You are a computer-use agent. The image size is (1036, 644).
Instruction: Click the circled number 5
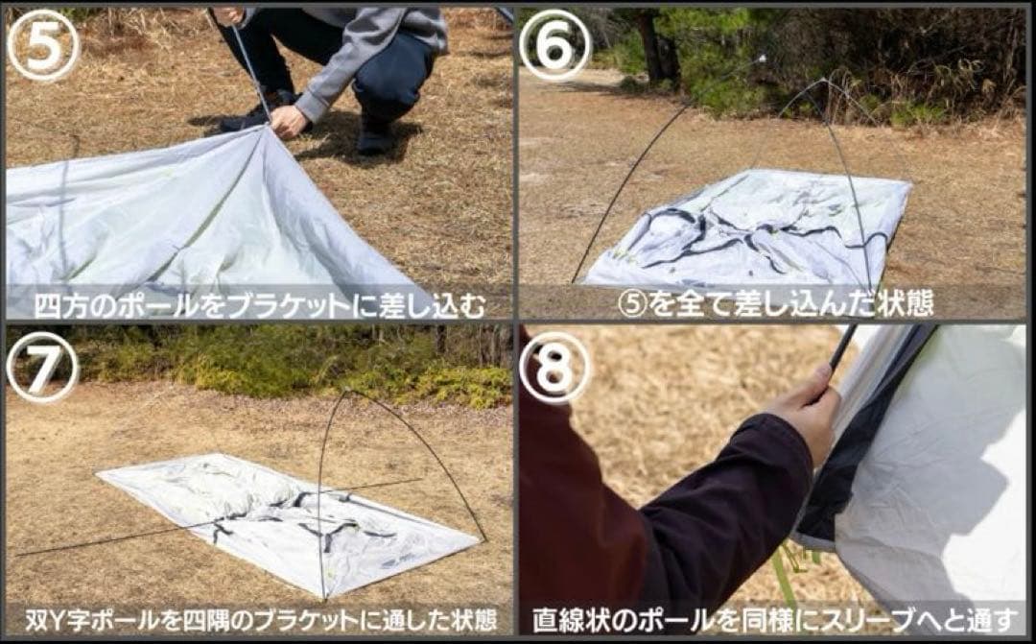pos(43,45)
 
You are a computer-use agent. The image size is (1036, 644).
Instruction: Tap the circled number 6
pos(554,45)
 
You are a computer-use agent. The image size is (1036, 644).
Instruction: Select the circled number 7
pos(43,367)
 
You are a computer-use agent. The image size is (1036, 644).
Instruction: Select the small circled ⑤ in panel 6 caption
pos(632,304)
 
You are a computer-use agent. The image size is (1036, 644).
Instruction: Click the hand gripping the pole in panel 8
pos(809,409)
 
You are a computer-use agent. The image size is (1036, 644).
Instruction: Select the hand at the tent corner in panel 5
pos(290,121)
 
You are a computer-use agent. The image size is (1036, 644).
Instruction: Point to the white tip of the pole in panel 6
pos(762,59)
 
